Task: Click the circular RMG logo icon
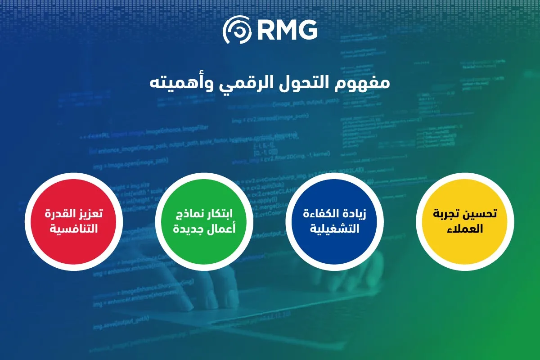click(x=238, y=30)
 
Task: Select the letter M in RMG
click(x=286, y=30)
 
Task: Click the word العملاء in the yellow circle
click(x=465, y=228)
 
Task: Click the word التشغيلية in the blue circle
click(x=335, y=229)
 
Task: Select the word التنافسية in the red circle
click(x=74, y=229)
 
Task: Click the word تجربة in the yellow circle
click(x=447, y=214)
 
